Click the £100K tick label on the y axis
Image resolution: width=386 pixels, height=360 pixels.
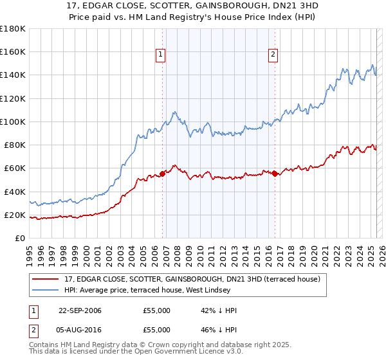[12, 122]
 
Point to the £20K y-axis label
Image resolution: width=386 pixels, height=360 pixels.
[15, 215]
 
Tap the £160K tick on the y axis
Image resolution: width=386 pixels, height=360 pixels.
[12, 52]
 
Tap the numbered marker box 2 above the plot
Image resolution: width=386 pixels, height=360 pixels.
[273, 55]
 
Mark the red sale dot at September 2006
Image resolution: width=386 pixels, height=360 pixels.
[162, 174]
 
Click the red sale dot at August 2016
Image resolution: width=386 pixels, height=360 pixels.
[275, 174]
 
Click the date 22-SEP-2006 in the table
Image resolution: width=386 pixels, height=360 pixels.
[80, 310]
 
